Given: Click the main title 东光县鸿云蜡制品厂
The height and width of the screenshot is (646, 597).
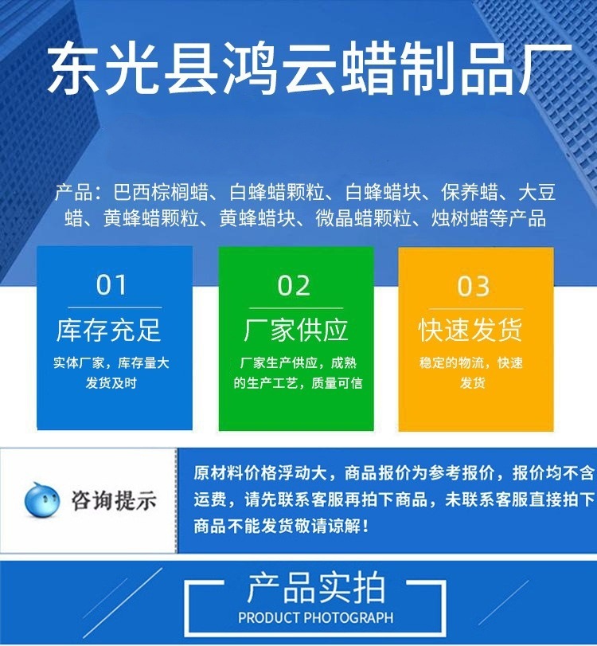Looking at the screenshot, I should coord(310,69).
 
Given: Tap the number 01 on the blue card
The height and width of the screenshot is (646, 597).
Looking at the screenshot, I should coord(112,286).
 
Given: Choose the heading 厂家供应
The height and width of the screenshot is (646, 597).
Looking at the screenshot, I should coord(296,330).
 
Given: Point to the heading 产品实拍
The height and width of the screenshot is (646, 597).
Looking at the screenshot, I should coord(316,589).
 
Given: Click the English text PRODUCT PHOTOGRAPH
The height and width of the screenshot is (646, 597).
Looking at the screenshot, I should coord(316,617).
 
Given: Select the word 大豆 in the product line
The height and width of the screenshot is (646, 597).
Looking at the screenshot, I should coord(537,194).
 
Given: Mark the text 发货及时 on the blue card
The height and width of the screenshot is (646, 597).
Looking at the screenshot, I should coord(111,383).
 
